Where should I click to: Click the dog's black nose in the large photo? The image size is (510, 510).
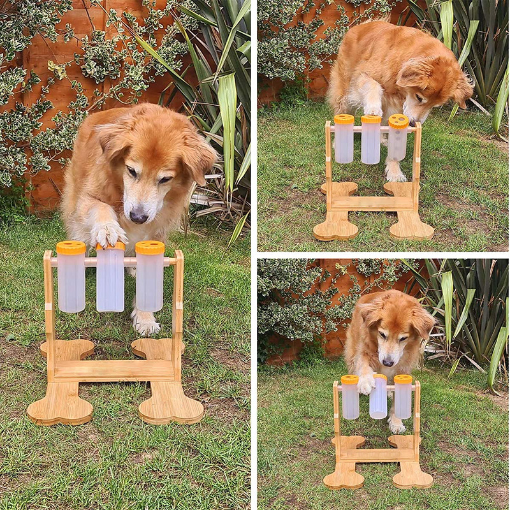[139, 217]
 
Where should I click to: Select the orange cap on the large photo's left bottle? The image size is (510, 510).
[71, 248]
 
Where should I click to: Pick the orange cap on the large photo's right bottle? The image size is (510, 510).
[150, 247]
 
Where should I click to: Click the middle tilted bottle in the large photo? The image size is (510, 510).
[110, 279]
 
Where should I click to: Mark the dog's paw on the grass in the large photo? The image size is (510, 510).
[146, 325]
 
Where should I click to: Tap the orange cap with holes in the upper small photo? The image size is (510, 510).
[399, 121]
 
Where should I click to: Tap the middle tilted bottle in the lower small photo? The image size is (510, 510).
[379, 400]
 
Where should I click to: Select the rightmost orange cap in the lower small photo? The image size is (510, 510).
[403, 379]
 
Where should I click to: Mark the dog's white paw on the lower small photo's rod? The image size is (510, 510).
[366, 384]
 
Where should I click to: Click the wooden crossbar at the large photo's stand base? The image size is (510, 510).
[113, 370]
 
